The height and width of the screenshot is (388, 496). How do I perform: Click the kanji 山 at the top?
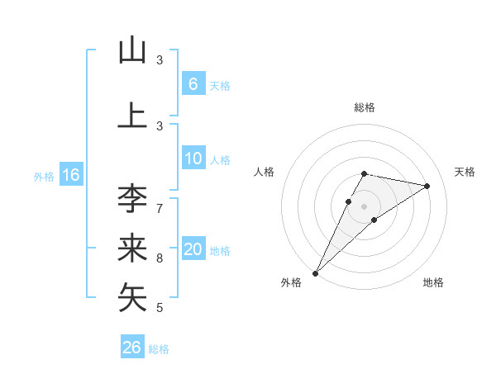click(132, 50)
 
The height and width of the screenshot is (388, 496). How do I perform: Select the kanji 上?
click(132, 115)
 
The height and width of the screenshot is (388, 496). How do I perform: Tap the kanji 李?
click(132, 198)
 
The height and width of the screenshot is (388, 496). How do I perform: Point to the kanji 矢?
click(132, 298)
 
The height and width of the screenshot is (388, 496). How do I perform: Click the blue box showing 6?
click(193, 83)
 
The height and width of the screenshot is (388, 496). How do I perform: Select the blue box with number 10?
click(193, 159)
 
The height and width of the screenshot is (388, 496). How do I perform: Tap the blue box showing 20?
click(193, 249)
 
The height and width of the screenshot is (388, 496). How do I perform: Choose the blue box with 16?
click(70, 175)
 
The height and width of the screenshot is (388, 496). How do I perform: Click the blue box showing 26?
click(132, 348)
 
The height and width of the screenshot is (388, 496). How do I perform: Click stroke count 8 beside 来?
click(159, 258)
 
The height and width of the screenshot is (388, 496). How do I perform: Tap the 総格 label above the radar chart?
click(365, 107)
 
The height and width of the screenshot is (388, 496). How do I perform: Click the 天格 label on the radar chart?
click(465, 172)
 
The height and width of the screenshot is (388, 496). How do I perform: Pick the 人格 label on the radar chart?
click(264, 172)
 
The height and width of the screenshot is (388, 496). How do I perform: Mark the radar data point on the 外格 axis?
click(315, 272)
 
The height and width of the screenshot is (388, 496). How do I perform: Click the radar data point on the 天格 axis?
click(427, 186)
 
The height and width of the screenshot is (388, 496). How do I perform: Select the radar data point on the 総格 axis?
click(365, 173)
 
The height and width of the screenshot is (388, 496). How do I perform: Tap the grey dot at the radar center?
click(365, 206)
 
